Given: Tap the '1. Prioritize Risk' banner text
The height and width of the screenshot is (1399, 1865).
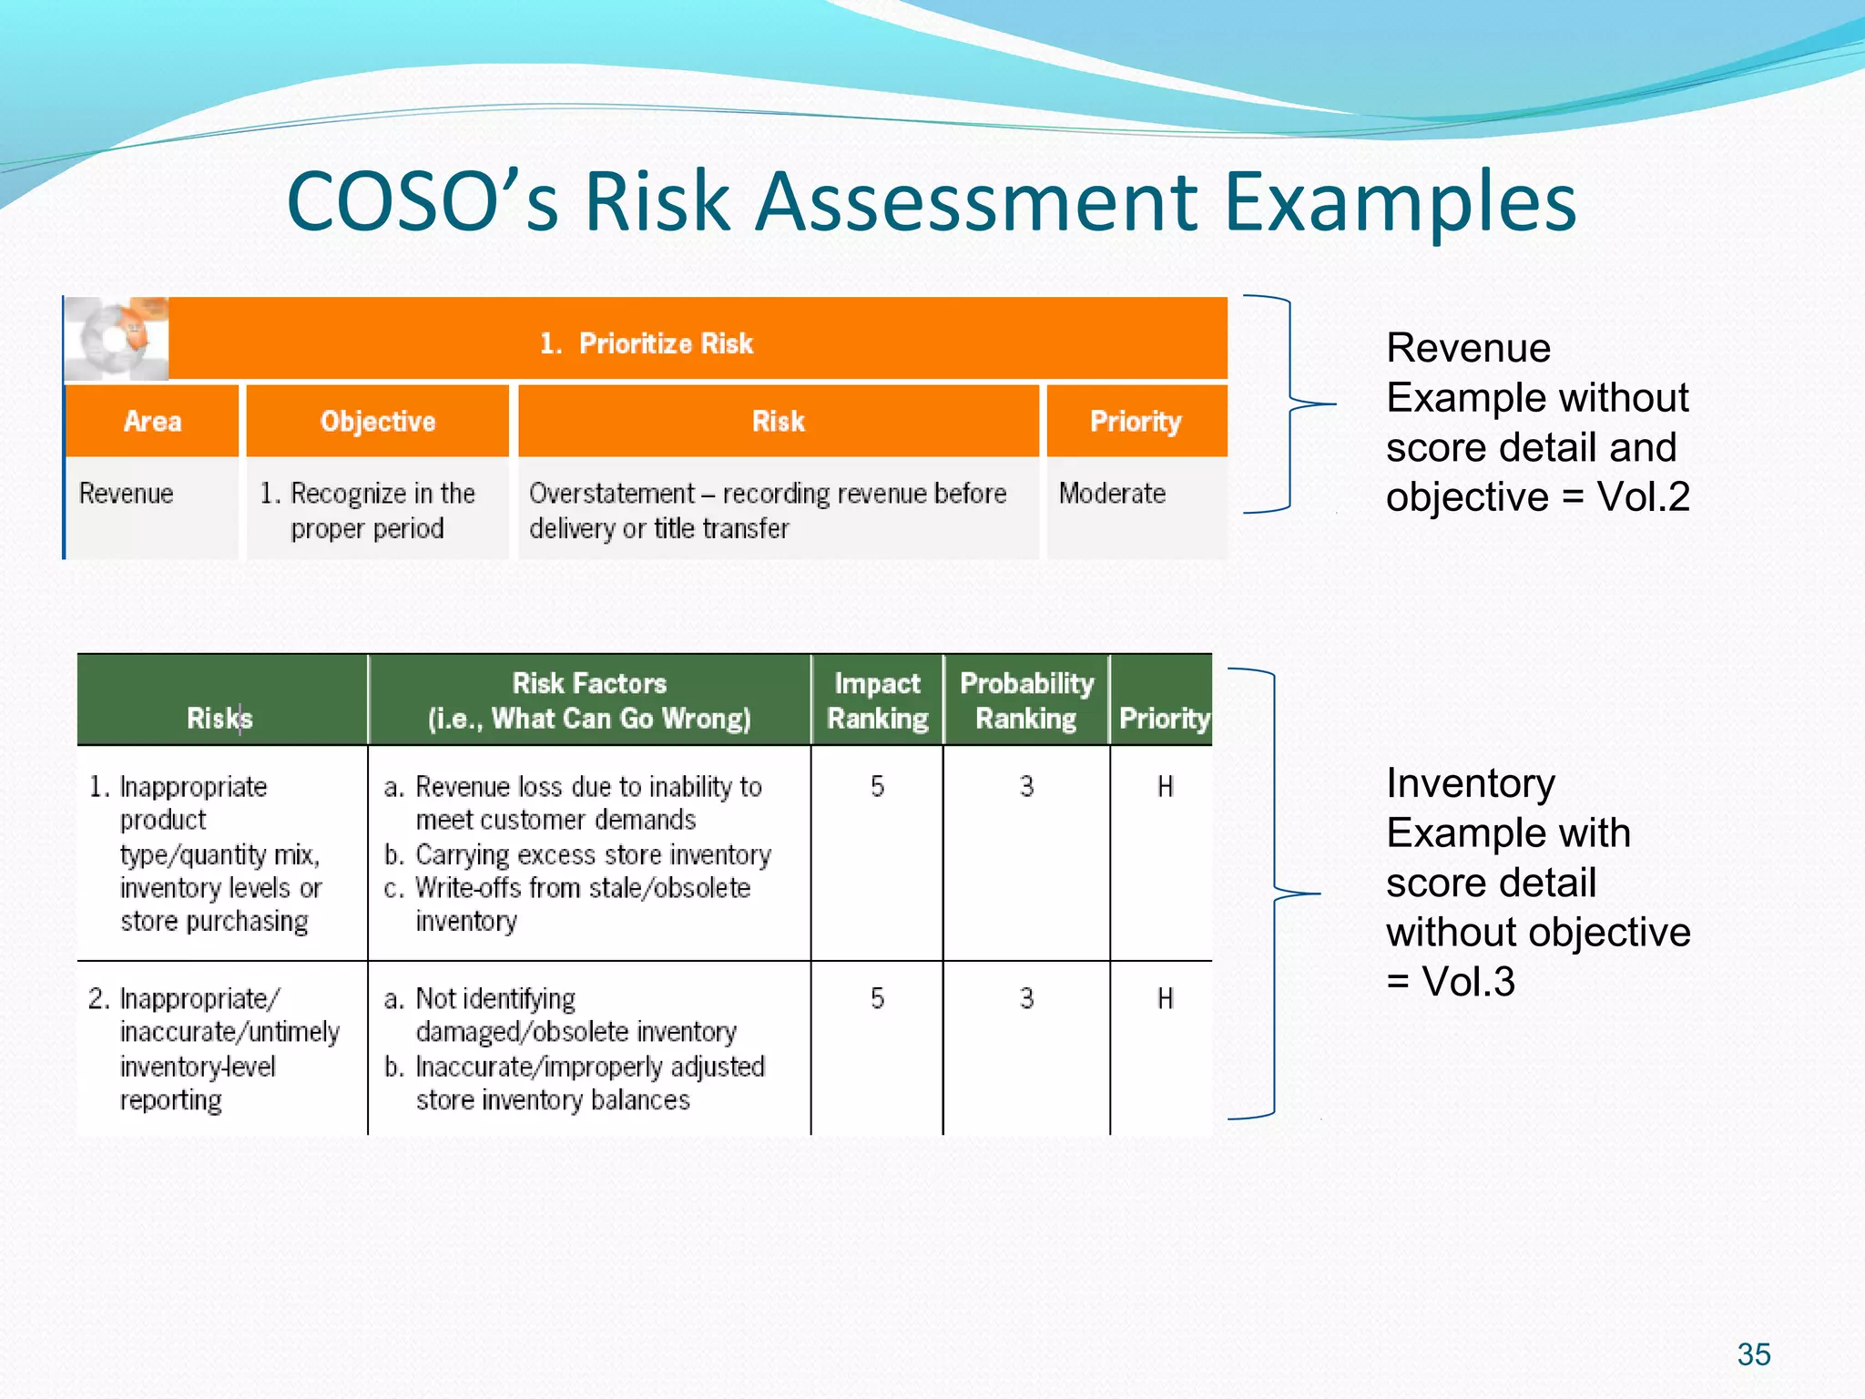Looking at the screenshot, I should click(647, 343).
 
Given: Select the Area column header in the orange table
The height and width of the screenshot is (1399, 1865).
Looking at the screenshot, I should click(152, 422).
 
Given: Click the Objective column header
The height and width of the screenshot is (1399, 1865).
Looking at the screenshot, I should click(378, 422).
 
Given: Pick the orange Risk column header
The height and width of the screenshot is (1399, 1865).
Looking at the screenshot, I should click(779, 422).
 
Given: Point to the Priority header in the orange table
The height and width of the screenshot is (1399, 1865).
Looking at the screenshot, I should click(1136, 422).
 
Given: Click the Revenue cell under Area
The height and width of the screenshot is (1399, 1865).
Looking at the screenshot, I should click(126, 494).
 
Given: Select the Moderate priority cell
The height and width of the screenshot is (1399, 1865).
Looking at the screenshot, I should click(1112, 494).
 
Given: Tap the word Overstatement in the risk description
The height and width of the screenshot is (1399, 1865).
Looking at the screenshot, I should click(611, 494).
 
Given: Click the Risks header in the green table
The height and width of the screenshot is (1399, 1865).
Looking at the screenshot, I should click(219, 719).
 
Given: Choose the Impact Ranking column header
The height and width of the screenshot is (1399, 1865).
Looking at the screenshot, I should click(877, 700).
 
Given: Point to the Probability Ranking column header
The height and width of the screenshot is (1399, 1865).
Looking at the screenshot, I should click(1026, 700).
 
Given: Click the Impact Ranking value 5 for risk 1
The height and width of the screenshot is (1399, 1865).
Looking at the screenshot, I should click(877, 786).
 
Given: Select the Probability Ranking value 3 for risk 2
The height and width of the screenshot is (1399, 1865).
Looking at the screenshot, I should click(1026, 998).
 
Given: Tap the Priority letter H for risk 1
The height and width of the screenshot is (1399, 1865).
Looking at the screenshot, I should click(1165, 786).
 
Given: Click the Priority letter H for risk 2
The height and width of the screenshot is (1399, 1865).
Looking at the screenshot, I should click(1165, 998).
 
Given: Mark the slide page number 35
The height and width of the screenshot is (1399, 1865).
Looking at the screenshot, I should click(1753, 1354).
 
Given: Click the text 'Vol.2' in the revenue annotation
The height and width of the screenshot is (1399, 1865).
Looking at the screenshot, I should click(1644, 497).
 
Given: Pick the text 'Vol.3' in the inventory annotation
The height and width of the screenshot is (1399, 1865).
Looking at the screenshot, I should click(1468, 982).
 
